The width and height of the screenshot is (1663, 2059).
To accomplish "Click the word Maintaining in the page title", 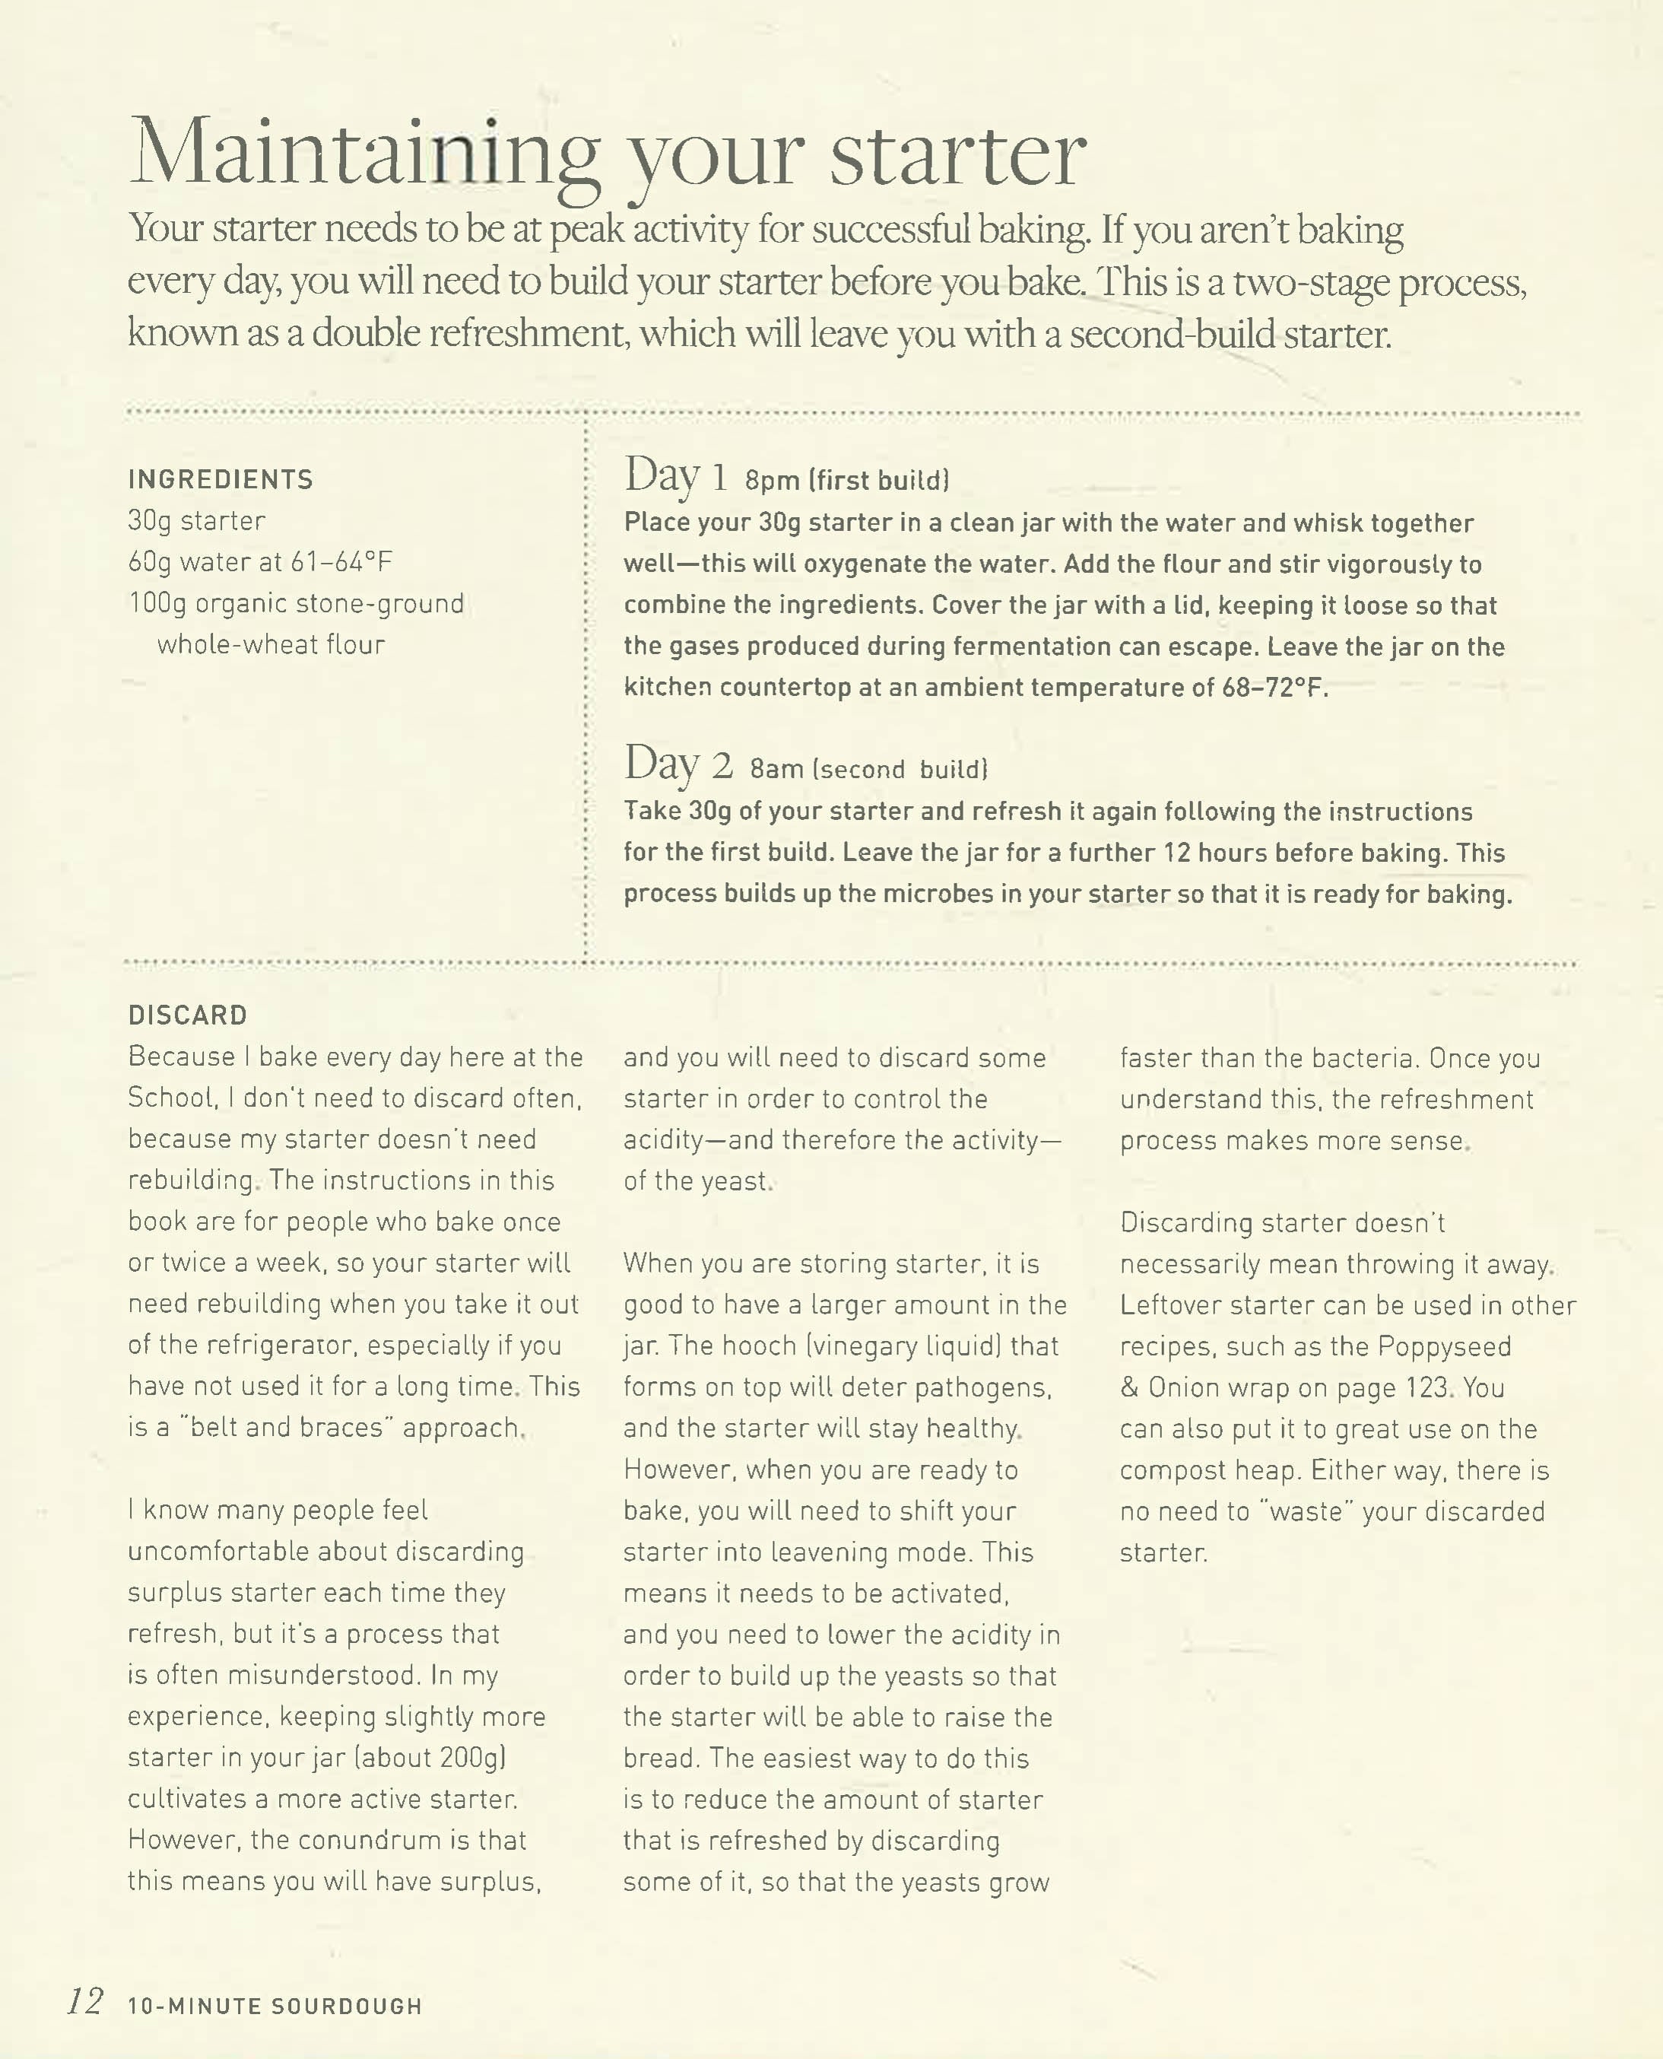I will (364, 154).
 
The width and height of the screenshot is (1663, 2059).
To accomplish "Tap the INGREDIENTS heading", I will (221, 479).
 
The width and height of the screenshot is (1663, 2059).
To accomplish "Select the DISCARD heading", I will (188, 1015).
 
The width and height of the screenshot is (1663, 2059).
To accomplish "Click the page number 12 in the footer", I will (84, 2001).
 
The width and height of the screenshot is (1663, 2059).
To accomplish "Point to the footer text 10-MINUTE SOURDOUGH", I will (275, 2005).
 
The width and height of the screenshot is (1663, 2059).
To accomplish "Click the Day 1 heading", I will (675, 476).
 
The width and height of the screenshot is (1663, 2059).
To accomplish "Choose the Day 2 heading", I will (678, 765).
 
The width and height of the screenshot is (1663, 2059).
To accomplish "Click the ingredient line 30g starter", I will (196, 521).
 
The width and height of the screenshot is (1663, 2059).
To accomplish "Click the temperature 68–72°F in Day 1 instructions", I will (1274, 688).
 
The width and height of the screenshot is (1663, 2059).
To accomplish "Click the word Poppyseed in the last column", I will (1444, 1346).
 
